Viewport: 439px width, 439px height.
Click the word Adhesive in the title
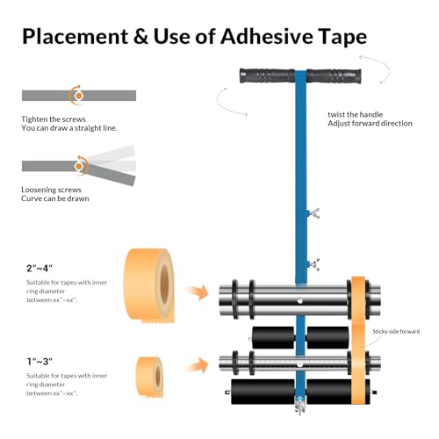point(266,36)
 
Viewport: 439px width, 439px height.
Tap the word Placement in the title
point(76,37)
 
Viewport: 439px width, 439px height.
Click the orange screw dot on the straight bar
point(78,96)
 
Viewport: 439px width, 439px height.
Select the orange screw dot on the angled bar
point(78,166)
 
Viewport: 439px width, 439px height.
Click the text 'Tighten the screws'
point(54,119)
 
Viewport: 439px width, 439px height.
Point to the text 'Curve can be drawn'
point(55,198)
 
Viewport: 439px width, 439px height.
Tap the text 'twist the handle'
point(356,114)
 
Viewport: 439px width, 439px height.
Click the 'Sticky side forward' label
point(396,331)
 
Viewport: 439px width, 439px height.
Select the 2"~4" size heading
point(40,268)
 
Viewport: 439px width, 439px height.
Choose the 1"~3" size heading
point(40,362)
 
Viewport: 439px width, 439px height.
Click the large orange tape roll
point(149,285)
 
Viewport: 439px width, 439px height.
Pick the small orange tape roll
point(150,377)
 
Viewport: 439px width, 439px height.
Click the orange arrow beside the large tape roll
point(198,292)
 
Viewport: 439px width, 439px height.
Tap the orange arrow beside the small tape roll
point(198,364)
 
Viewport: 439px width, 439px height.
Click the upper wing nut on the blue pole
point(313,213)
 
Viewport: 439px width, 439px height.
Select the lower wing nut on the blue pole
point(313,264)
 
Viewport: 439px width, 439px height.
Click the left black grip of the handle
point(268,76)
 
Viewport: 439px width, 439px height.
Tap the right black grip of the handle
point(334,76)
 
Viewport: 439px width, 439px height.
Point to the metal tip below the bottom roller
point(300,406)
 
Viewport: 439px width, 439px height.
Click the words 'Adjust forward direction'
point(370,124)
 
